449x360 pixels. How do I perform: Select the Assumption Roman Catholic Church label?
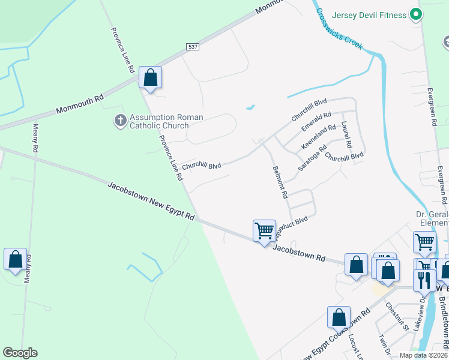tap(159, 121)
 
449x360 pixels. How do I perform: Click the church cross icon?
tap(120, 121)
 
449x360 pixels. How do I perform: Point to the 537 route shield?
tap(193, 47)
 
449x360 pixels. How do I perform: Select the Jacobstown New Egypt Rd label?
tap(151, 201)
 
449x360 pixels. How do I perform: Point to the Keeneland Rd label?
tap(318, 137)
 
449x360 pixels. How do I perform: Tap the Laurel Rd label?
tap(346, 135)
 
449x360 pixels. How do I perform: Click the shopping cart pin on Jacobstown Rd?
tap(264, 231)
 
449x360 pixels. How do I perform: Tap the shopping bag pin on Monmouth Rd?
tap(150, 78)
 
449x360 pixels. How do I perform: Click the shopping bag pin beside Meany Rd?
tap(15, 260)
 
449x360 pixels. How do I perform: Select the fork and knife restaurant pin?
tap(424, 280)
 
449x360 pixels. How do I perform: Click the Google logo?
tap(20, 353)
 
